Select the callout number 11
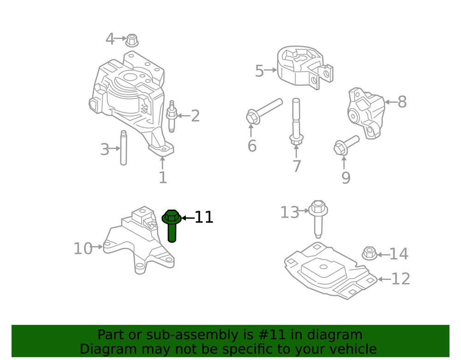[204, 217]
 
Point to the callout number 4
[110, 39]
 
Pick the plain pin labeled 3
[124, 148]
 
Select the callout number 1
[163, 177]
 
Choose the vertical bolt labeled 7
[296, 122]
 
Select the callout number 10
[83, 249]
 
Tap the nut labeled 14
[369, 253]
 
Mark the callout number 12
[400, 279]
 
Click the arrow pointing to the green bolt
[187, 218]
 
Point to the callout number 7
[296, 166]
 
